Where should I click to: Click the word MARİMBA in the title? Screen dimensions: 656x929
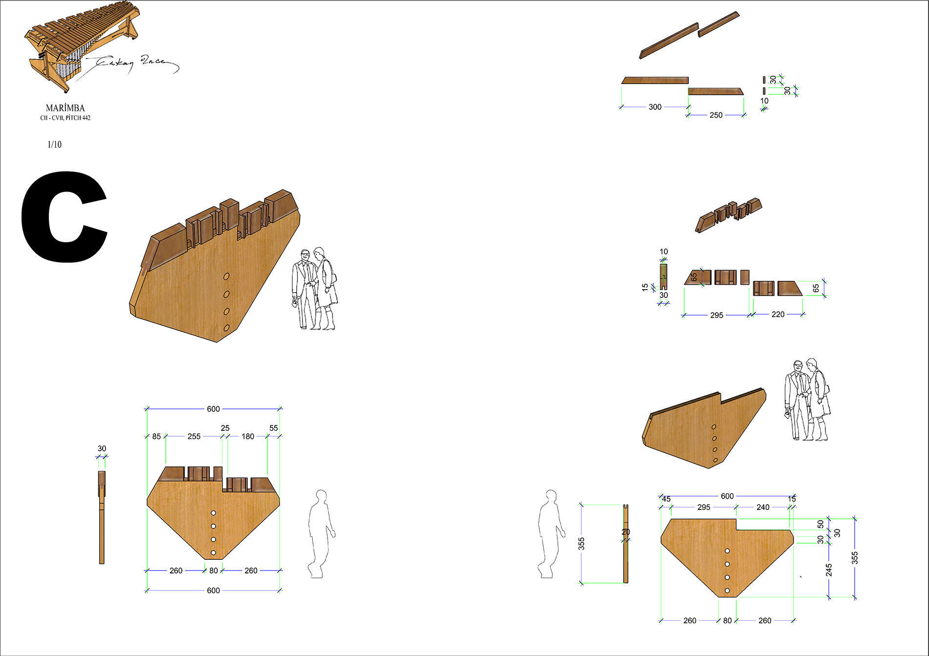coord(65,108)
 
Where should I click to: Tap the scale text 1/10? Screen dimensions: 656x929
coord(54,145)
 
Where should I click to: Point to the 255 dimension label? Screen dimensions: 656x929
coord(194,436)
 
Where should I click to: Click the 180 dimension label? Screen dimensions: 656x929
coord(247,436)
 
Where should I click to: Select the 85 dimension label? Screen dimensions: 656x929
coord(156,436)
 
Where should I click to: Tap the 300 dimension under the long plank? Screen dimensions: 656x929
coord(655,107)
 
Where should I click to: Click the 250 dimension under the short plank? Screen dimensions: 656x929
coord(715,115)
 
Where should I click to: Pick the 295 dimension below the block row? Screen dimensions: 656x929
coord(716,316)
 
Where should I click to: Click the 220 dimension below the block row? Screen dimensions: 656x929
coord(777,315)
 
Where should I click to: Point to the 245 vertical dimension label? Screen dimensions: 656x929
coord(829,570)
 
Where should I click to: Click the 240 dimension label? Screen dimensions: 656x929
coord(763,507)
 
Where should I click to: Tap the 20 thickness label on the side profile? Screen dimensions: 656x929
coord(626,532)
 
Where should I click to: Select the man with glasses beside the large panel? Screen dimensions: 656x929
coord(304,288)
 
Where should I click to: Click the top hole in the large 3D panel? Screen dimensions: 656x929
coord(226,277)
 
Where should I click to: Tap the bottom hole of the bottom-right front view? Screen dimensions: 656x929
coord(727,591)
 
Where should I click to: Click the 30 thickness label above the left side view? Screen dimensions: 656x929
coord(102,448)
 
